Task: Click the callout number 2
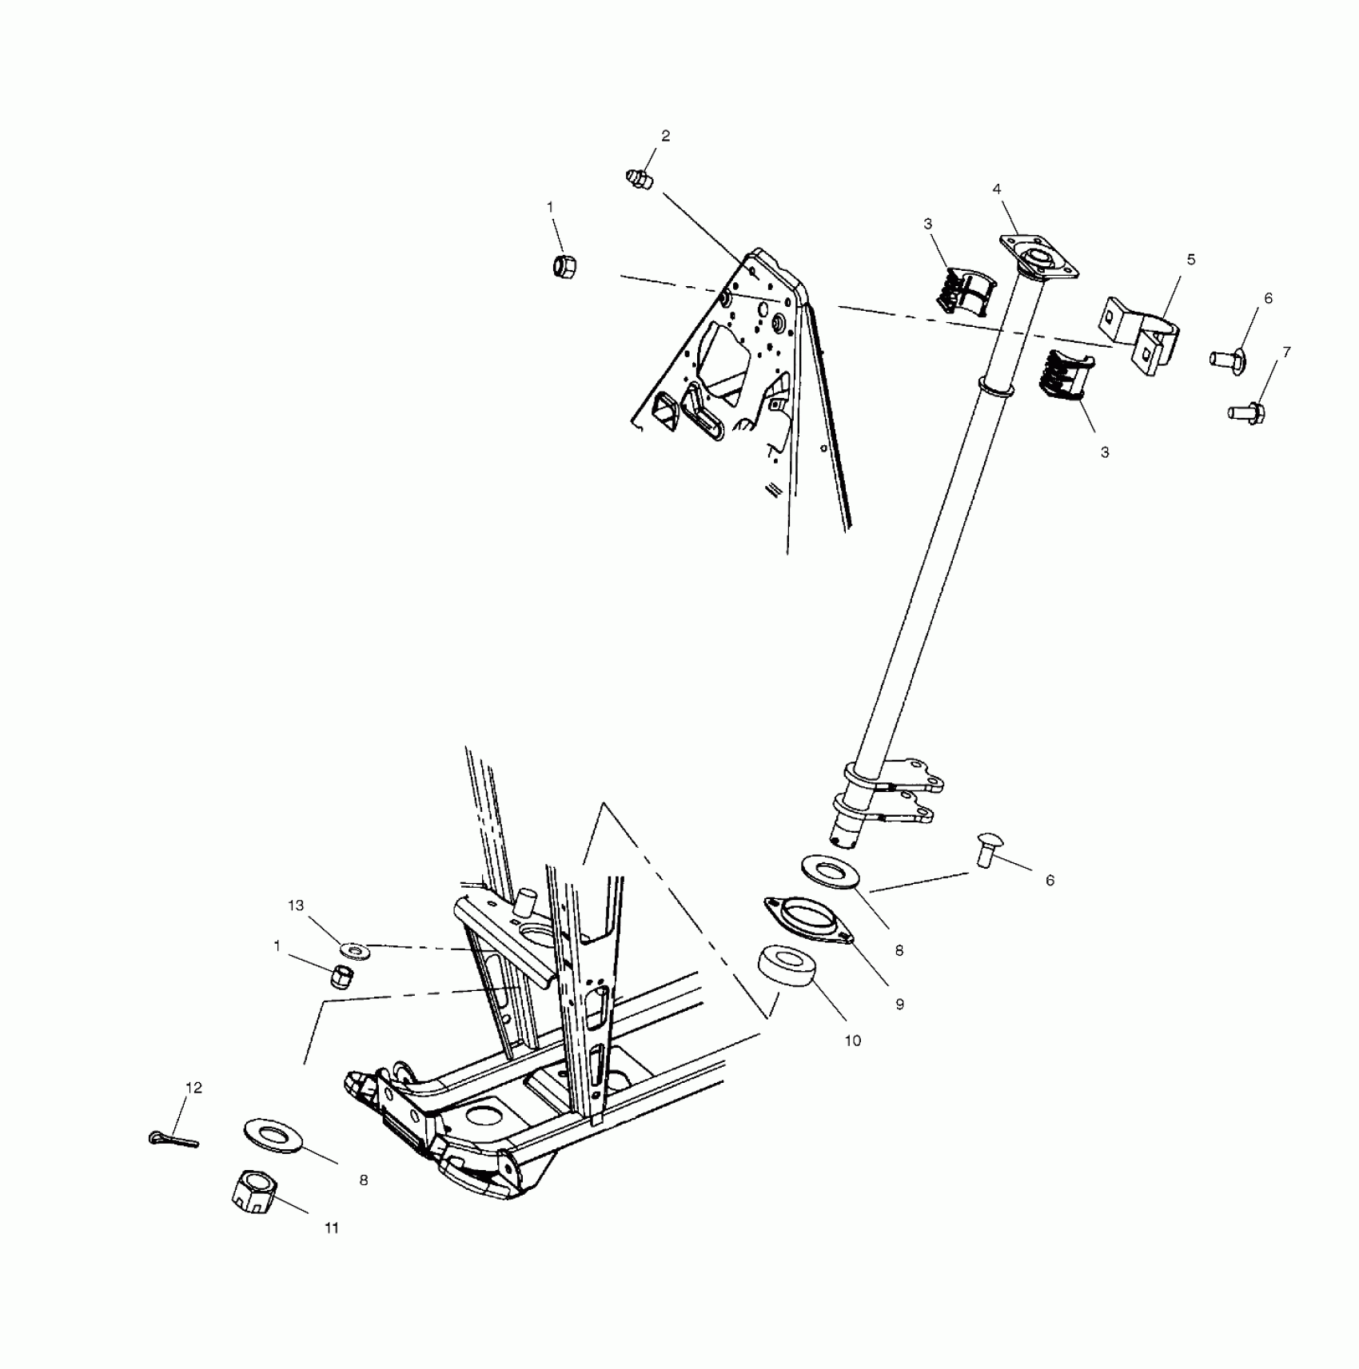point(665,136)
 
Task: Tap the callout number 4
point(997,189)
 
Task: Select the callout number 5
point(1191,260)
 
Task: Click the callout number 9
point(899,1005)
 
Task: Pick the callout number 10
point(853,1041)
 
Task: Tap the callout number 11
point(332,1251)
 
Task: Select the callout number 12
point(194,1088)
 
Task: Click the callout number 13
point(296,905)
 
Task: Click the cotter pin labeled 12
point(173,1138)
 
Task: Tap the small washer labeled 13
point(353,951)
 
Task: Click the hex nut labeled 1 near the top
point(566,264)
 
